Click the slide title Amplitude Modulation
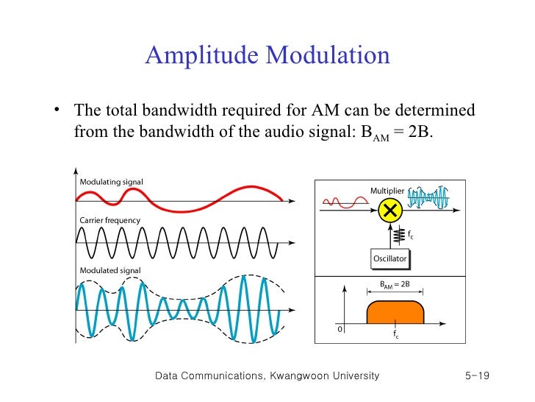pos(267,56)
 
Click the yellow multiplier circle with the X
pos(391,211)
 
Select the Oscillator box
pos(389,258)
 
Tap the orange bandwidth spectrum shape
pos(395,311)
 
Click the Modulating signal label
pos(111,182)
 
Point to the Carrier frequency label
pos(109,220)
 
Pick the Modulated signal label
pos(109,270)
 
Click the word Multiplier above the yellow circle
pos(387,191)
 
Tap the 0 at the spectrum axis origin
pos(340,329)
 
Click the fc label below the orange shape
pos(396,335)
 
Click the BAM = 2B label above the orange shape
pos(395,284)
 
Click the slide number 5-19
pos(477,376)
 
